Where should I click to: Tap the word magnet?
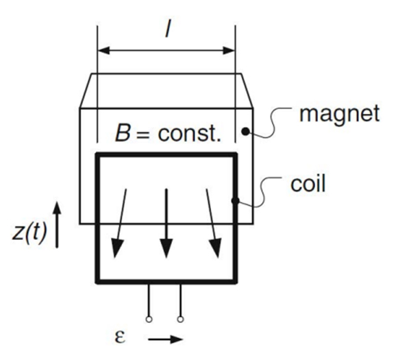[x=338, y=113]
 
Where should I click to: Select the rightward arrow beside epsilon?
[x=166, y=338]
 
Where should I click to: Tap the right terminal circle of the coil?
[x=180, y=318]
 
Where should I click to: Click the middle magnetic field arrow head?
[x=166, y=248]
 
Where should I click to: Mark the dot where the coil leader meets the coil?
[x=236, y=201]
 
